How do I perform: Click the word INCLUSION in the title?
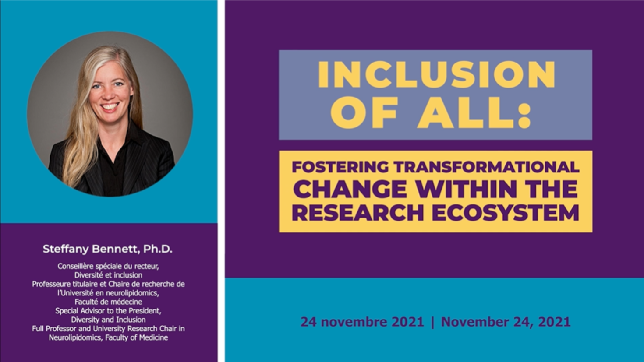pos(436,74)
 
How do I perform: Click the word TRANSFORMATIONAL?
pos(486,167)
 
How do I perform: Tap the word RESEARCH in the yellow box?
pos(358,213)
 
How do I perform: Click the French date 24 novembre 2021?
pos(362,322)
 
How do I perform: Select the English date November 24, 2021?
pos(506,322)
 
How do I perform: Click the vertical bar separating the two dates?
pos(433,322)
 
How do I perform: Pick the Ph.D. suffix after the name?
pos(158,249)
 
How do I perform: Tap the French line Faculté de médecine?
pos(108,302)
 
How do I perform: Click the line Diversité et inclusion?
pos(108,275)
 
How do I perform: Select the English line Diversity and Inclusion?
pos(108,320)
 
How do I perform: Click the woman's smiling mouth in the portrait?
pos(109,106)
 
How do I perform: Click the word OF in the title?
pos(364,113)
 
